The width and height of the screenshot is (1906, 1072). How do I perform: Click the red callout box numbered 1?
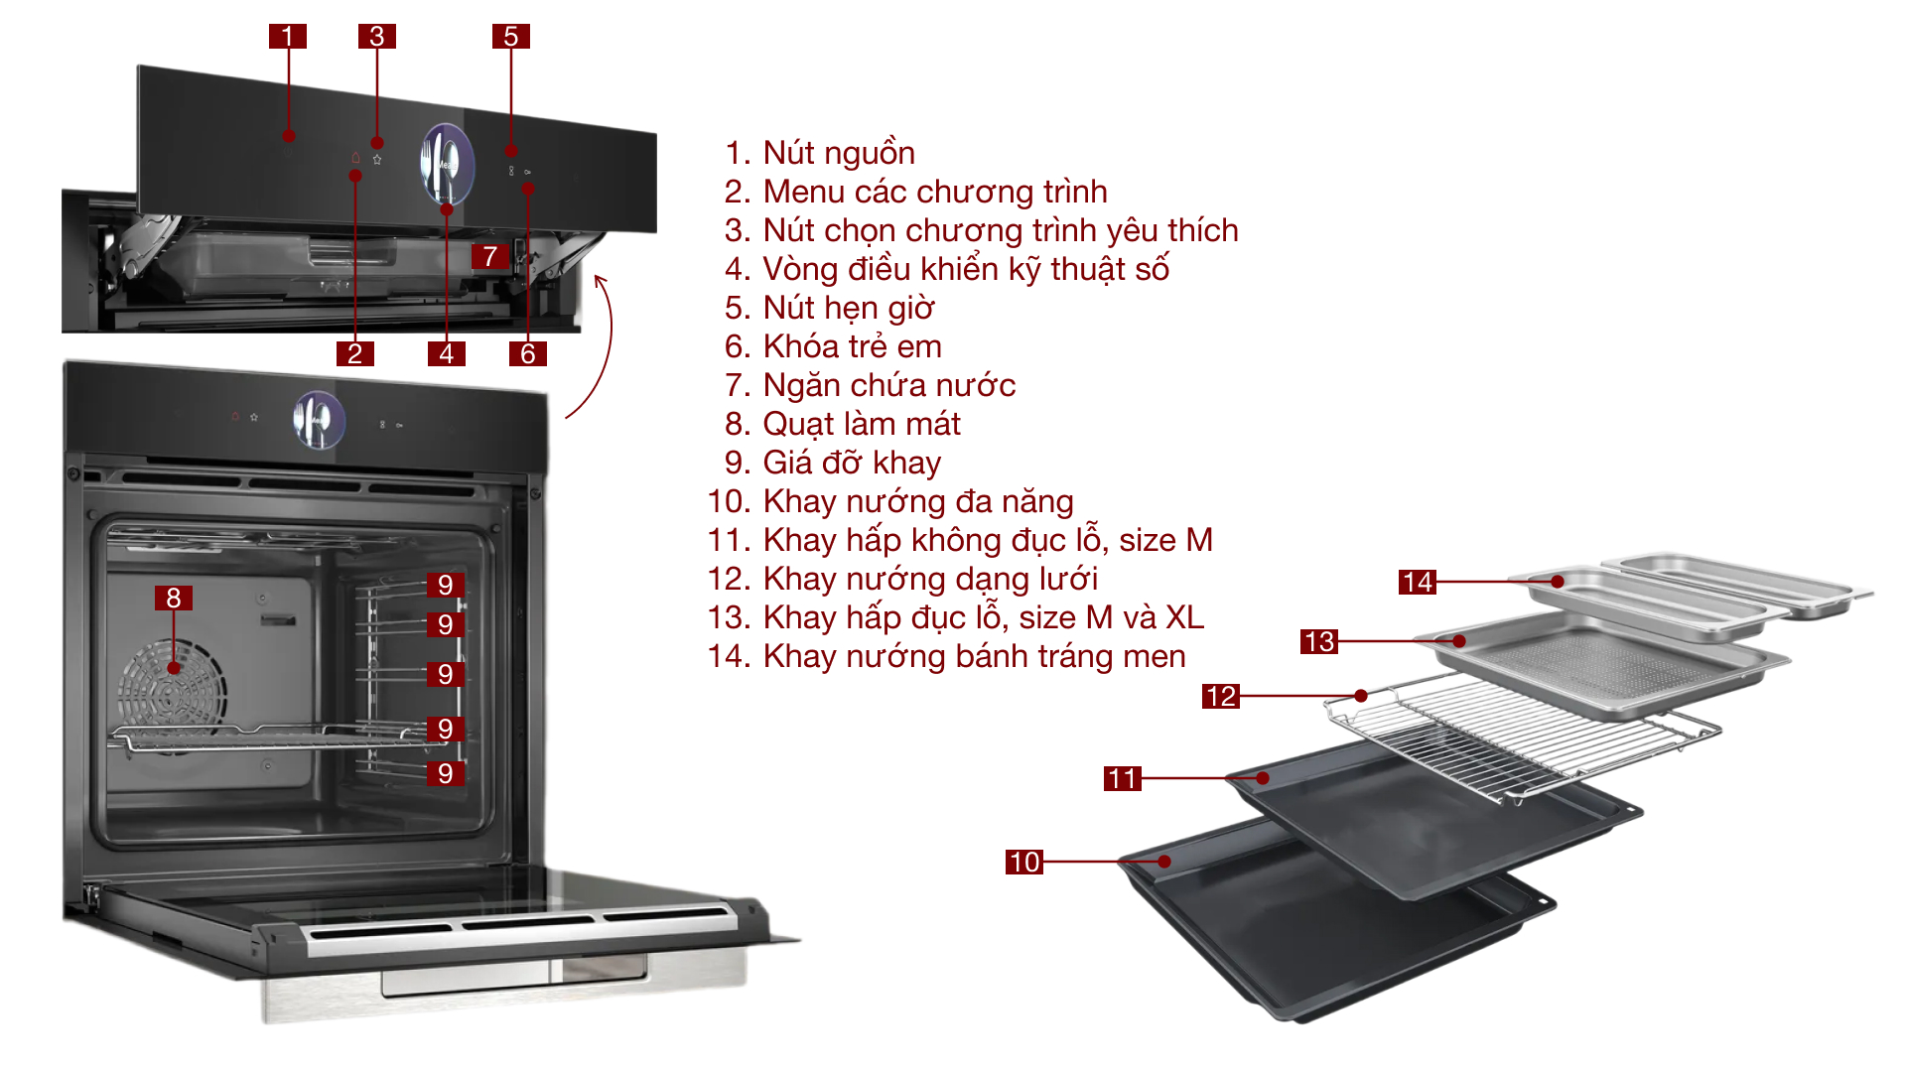287,37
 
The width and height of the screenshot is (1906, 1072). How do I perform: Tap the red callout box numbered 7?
490,256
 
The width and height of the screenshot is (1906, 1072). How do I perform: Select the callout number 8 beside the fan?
174,598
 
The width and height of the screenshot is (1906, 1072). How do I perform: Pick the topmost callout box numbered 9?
446,585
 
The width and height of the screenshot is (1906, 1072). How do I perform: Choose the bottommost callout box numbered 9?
446,773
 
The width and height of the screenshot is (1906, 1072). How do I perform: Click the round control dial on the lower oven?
319,420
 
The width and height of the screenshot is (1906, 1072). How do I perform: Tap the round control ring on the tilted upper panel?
447,164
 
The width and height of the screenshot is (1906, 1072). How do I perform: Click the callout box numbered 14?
1417,582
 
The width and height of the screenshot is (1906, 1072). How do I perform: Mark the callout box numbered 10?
1023,862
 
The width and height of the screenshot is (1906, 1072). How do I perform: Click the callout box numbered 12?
1220,696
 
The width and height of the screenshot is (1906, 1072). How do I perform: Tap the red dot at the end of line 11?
1263,778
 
